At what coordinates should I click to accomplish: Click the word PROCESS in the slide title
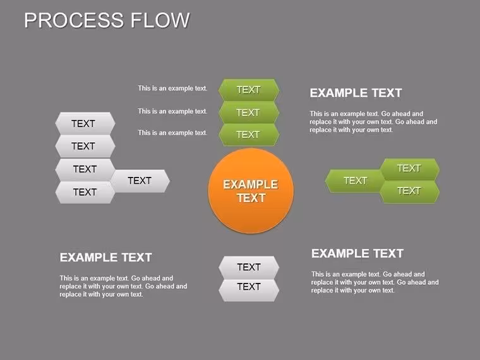pos(74,20)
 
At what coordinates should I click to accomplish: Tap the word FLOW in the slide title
pos(160,20)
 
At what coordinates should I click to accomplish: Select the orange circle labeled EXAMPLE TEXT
pos(251,191)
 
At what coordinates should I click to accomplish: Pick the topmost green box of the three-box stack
pos(249,90)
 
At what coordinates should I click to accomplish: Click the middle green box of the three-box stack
pos(249,112)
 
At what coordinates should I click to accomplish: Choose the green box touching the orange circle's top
pos(249,135)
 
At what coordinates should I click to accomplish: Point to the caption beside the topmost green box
pos(172,88)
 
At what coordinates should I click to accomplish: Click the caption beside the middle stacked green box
pos(172,111)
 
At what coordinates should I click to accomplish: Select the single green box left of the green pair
pos(355,181)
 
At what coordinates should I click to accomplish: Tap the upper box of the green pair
pos(410,169)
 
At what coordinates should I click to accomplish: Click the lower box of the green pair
pos(410,191)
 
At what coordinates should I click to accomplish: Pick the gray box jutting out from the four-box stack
pos(140,181)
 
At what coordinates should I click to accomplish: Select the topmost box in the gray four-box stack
pos(85,123)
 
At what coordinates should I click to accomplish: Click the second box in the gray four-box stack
pos(85,147)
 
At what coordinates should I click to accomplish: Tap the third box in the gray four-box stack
pos(85,169)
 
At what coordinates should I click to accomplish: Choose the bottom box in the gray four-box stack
pos(85,192)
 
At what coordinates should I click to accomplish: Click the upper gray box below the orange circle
pos(249,267)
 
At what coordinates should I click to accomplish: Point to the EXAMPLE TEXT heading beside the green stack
pos(356,93)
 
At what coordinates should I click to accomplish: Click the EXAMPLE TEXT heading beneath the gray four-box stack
pos(105,258)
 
